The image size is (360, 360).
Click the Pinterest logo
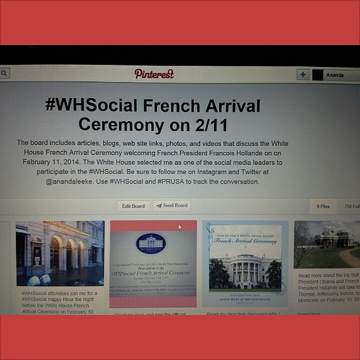[x=154, y=73]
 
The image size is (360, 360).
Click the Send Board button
[x=172, y=206]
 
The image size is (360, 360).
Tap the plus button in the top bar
[x=303, y=74]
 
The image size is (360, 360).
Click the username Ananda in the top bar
[x=335, y=75]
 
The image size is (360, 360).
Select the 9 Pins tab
[x=323, y=207]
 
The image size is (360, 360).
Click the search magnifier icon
[x=4, y=73]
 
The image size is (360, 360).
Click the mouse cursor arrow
[x=179, y=227]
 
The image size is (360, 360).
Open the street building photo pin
[x=60, y=253]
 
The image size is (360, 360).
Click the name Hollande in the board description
[x=240, y=153]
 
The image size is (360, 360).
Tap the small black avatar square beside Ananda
[x=318, y=75]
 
